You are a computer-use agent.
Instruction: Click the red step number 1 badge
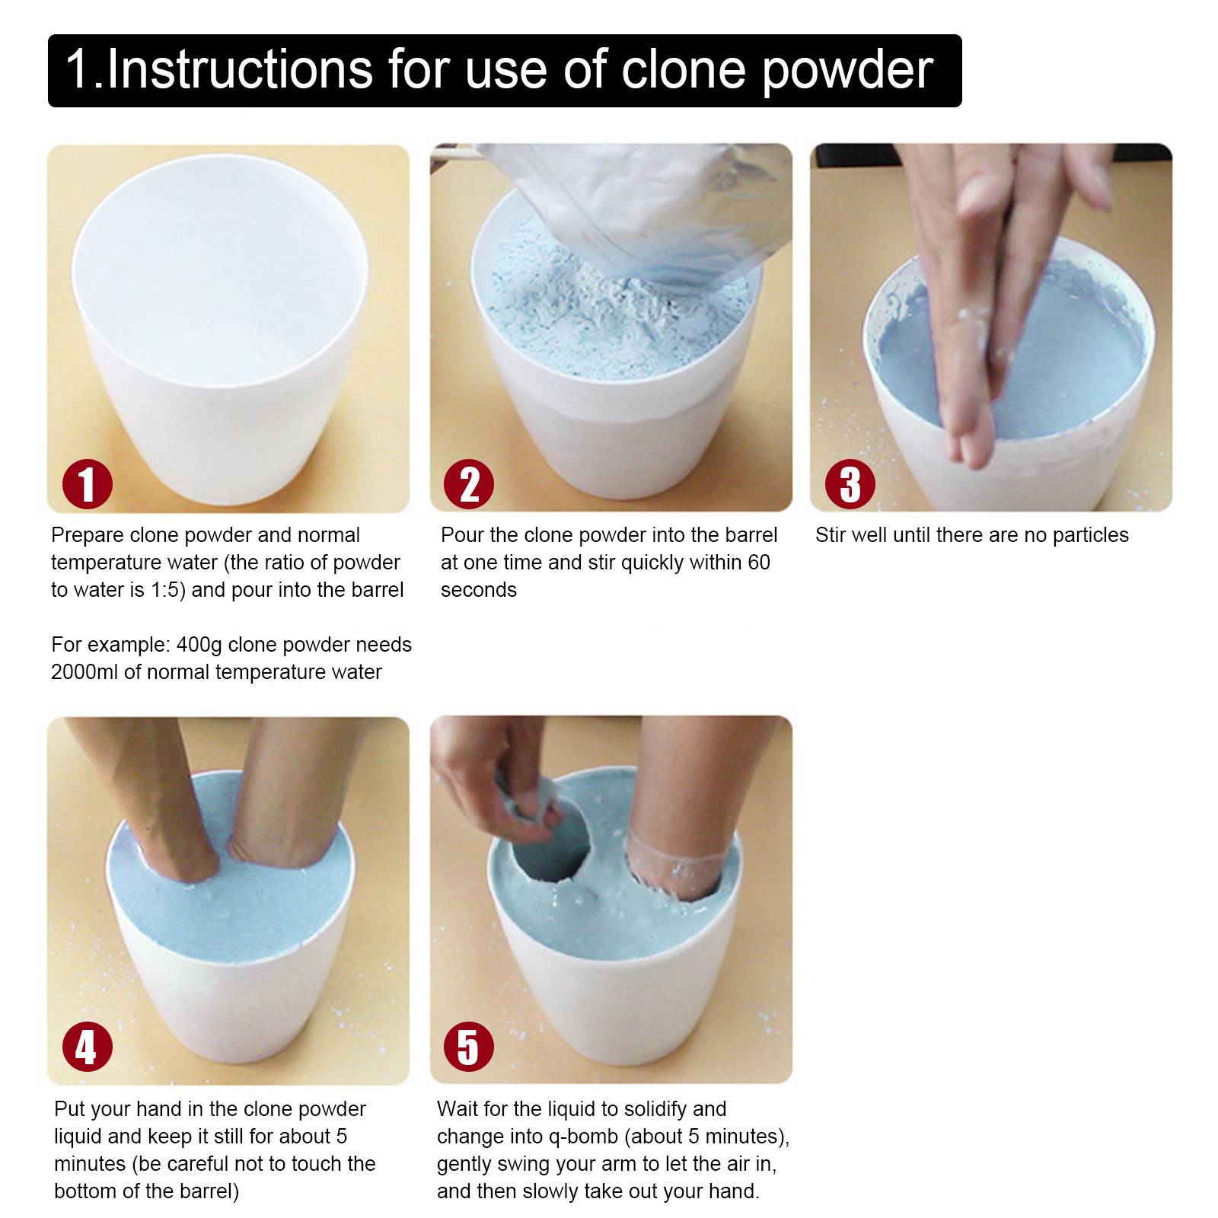pos(87,484)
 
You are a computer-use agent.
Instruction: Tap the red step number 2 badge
pos(468,484)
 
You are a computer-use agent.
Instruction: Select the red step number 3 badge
pos(850,484)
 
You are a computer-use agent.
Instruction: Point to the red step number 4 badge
pos(87,1047)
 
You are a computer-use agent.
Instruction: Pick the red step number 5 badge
pos(468,1047)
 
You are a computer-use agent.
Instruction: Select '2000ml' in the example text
pos(84,672)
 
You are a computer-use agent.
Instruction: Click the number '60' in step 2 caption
pos(759,563)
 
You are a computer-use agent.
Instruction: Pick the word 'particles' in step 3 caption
pos(1090,536)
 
